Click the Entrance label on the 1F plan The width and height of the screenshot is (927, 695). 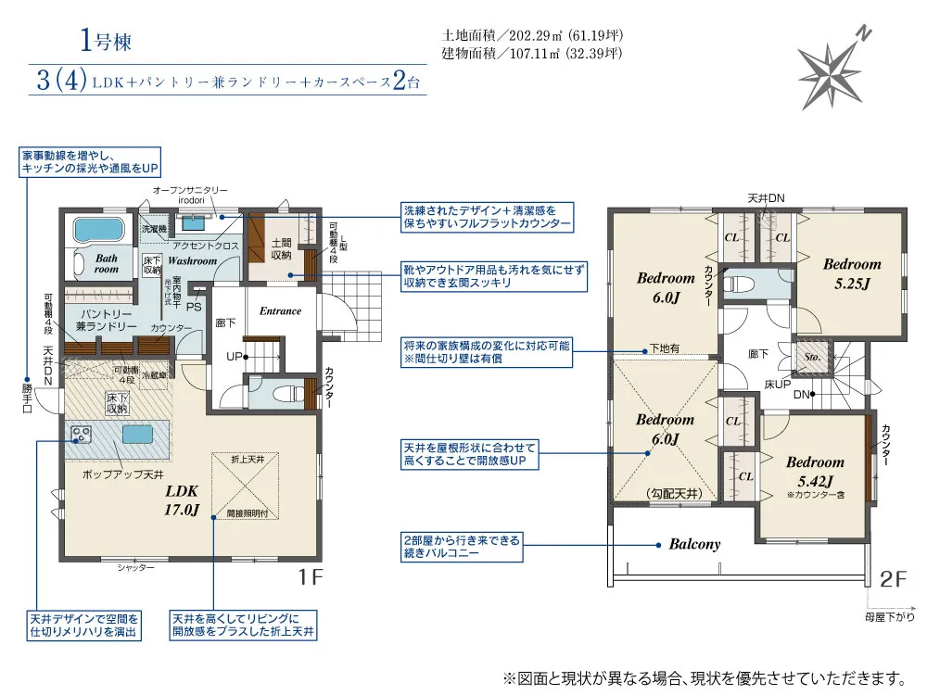point(280,311)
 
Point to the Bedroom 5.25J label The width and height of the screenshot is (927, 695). point(851,272)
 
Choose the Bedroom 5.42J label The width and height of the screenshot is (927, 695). point(815,470)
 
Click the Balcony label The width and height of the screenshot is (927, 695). point(694,545)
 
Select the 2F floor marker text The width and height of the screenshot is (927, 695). point(892,578)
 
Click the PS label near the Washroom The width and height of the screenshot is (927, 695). point(194,307)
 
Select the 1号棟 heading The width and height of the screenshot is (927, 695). point(104,40)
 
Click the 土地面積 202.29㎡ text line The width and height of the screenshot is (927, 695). point(532,35)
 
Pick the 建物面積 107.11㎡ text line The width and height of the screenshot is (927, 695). point(532,53)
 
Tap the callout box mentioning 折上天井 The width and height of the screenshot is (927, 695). point(243,625)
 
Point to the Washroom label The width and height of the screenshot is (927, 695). point(192,261)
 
